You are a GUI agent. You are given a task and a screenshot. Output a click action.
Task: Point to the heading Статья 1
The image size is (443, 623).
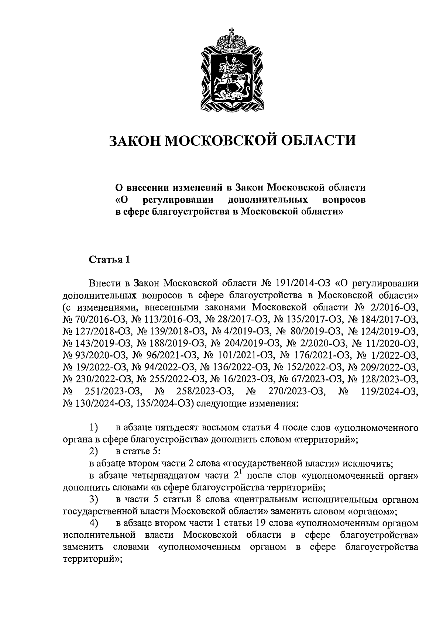click(109, 260)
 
